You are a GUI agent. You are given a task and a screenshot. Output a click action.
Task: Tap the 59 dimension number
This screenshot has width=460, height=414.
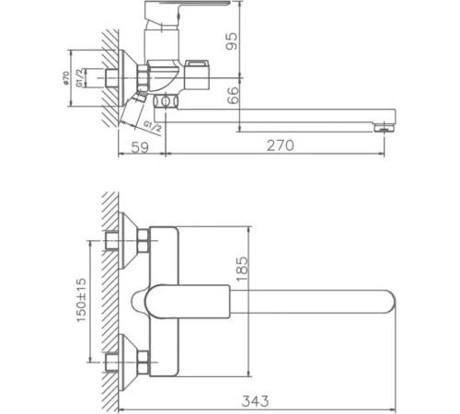point(139,146)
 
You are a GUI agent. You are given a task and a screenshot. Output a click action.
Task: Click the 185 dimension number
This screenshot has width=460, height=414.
point(241,272)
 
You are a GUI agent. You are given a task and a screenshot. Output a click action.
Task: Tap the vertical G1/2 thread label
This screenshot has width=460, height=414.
point(82,78)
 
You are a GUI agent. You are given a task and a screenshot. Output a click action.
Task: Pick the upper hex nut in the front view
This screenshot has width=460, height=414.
point(143,244)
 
